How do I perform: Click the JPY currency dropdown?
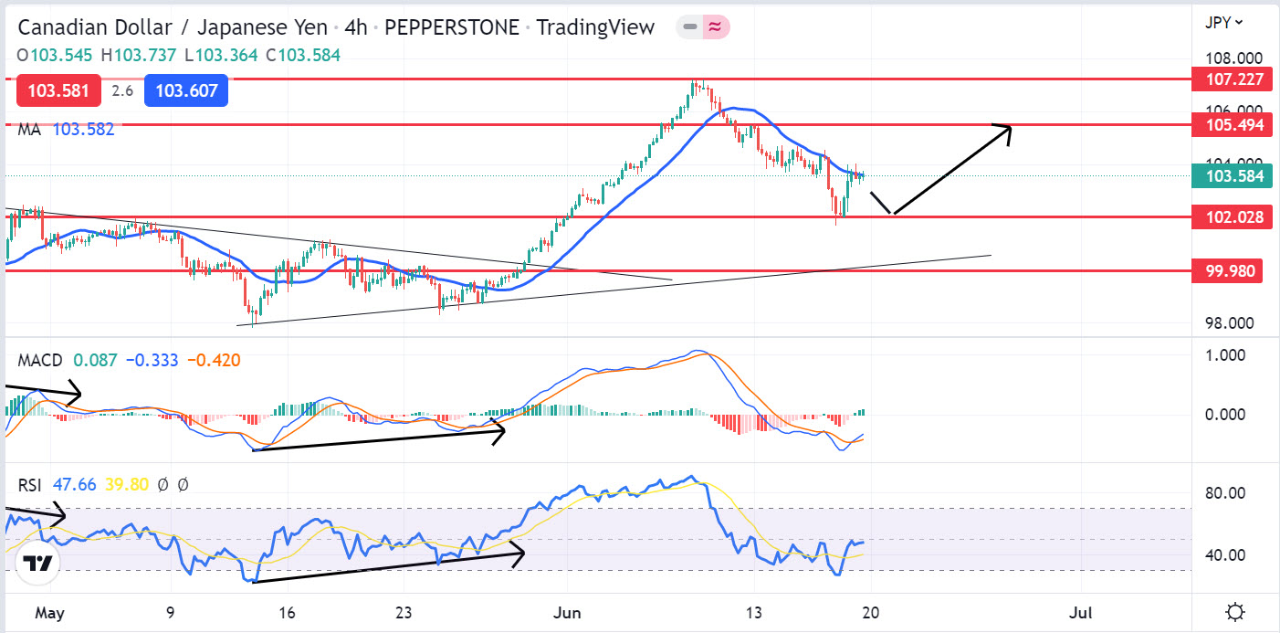[x=1224, y=22]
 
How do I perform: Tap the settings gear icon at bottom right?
[x=1236, y=612]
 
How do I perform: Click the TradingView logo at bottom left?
[x=37, y=564]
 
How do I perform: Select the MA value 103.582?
[x=83, y=130]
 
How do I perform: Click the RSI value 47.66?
[x=74, y=485]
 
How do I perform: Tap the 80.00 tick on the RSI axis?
[x=1225, y=494]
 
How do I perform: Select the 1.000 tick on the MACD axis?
[x=1225, y=355]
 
